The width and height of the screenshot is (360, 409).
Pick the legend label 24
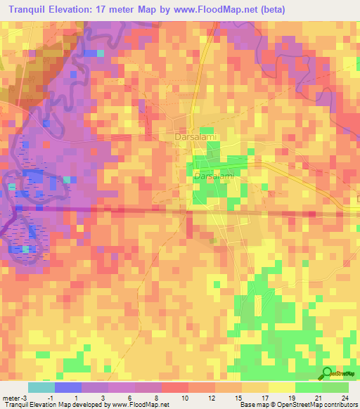coord(345,397)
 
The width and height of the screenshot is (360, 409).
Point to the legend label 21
coord(318,397)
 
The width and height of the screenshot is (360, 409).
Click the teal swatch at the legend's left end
coord(40,387)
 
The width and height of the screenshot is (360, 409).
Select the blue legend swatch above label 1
coord(67,387)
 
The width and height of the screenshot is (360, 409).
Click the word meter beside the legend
coord(10,397)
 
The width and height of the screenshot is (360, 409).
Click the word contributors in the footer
coord(340,405)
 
